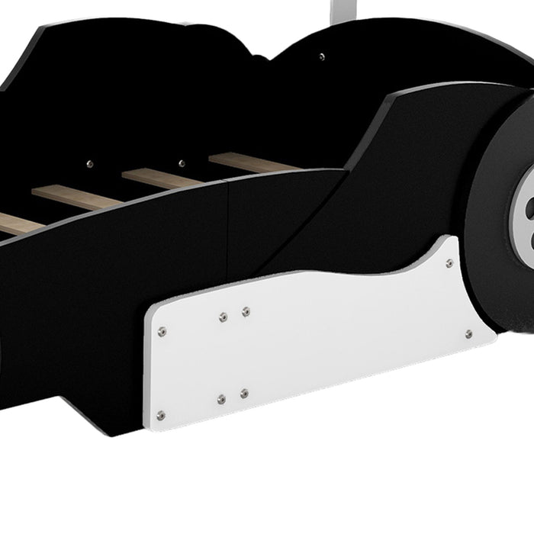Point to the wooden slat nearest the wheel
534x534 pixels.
(252, 162)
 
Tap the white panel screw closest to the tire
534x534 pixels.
(468, 334)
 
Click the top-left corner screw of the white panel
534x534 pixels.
(162, 331)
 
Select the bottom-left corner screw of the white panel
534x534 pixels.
(160, 416)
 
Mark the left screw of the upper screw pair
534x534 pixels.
(223, 317)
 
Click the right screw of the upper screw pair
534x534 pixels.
(246, 311)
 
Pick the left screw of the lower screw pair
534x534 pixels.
(221, 399)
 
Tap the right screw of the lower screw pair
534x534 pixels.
(244, 394)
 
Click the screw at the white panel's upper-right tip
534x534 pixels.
(449, 263)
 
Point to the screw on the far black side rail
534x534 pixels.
(321, 56)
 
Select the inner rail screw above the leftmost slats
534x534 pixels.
(90, 163)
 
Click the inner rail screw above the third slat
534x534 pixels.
(182, 162)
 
